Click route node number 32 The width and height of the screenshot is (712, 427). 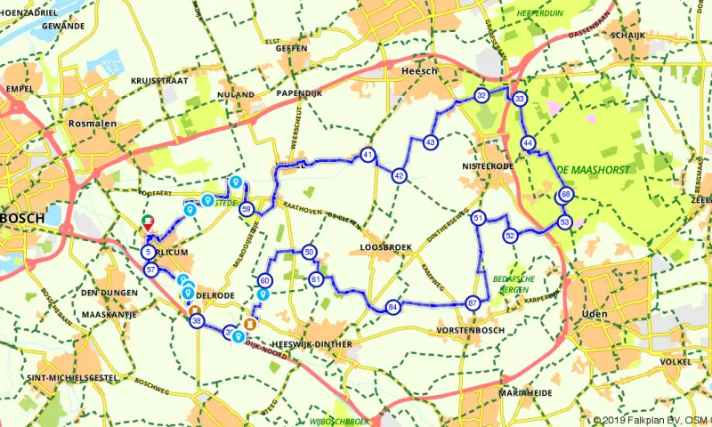481,95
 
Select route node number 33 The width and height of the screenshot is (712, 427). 520,98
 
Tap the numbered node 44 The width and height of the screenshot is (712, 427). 529,143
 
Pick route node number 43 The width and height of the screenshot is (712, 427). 430,141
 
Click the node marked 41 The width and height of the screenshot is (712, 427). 368,156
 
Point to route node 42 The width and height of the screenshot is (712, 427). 400,175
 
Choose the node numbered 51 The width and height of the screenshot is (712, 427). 478,218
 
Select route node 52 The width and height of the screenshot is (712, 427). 510,235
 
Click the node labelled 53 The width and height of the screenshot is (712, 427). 564,221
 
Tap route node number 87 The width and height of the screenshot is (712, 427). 473,303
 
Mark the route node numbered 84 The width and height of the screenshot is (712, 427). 392,307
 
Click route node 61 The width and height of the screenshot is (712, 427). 316,279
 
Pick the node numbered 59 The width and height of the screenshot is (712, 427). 247,209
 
